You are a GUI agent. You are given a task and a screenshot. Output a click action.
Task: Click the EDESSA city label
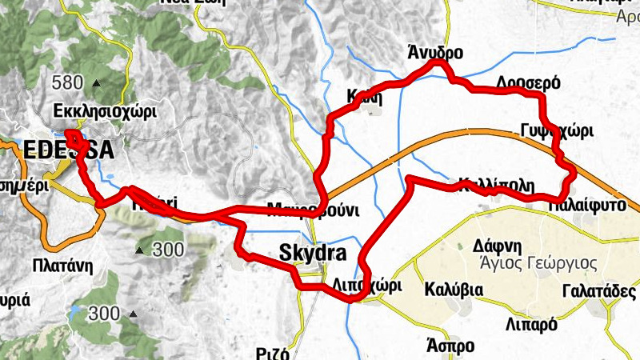[x=69, y=150]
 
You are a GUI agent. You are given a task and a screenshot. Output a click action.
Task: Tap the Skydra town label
[x=313, y=254]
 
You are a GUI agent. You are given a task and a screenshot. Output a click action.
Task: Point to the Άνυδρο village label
[x=435, y=54]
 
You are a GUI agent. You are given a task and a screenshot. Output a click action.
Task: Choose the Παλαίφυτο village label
[x=586, y=205]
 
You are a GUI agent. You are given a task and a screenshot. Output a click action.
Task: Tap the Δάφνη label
[x=497, y=245]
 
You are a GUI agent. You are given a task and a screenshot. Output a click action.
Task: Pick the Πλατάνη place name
[x=59, y=264]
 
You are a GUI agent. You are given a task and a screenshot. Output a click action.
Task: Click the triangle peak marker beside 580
[x=97, y=82]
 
